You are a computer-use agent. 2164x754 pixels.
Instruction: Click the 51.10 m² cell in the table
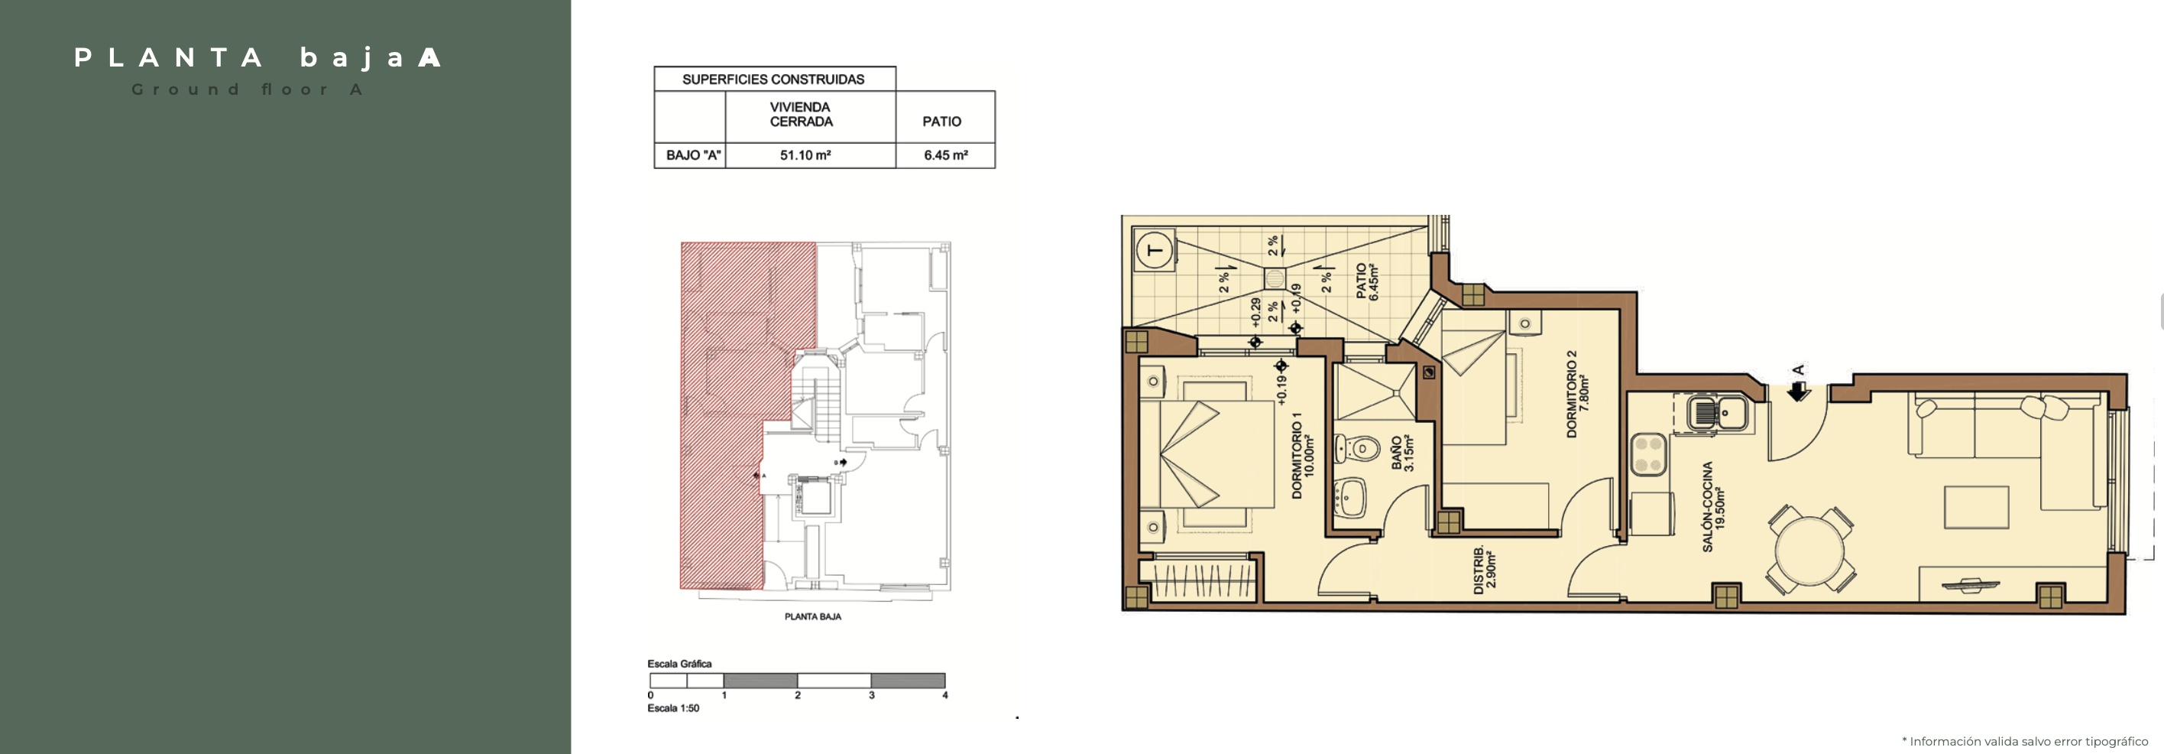(x=805, y=155)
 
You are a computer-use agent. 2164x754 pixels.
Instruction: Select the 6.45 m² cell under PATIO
(x=946, y=155)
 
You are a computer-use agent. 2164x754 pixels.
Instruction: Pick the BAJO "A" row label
(x=693, y=155)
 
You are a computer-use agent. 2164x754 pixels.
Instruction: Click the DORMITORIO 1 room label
(x=1302, y=455)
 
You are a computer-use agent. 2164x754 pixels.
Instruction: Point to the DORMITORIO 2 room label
(x=1578, y=393)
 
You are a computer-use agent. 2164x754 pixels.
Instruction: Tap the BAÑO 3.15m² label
(x=1402, y=453)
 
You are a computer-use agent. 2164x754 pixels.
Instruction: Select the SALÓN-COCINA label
(x=1714, y=506)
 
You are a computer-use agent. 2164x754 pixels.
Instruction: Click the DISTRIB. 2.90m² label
(x=1485, y=570)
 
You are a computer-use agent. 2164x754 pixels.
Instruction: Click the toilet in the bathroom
(x=1356, y=449)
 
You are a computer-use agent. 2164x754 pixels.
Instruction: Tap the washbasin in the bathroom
(x=1350, y=498)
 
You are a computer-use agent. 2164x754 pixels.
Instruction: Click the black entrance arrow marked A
(x=1798, y=391)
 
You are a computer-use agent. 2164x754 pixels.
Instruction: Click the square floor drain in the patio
(x=1275, y=278)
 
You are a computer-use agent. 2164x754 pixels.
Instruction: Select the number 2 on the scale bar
(x=797, y=695)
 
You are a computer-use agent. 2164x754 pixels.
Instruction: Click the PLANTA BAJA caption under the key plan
(x=812, y=616)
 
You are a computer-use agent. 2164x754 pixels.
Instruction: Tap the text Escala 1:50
(x=673, y=708)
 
